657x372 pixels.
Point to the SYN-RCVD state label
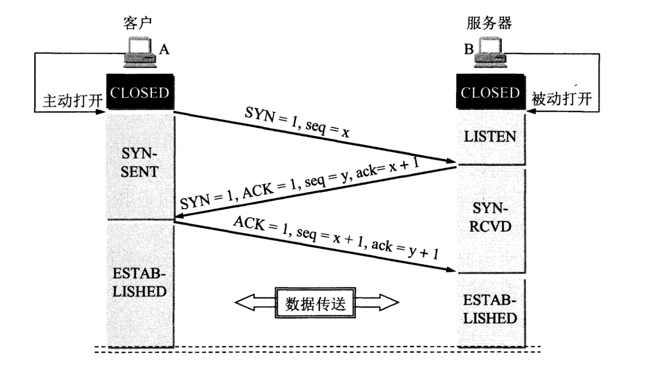[x=491, y=218]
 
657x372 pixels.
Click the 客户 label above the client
[x=138, y=24]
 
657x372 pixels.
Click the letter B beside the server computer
[x=469, y=49]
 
